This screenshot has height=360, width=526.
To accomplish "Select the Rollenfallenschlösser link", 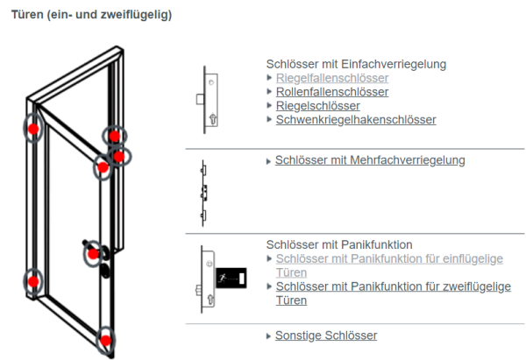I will pos(332,92).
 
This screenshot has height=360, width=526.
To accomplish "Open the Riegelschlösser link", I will pos(317,106).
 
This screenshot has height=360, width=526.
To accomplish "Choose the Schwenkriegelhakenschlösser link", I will pos(355,120).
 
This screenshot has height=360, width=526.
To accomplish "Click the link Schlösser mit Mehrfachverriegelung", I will pos(369,160).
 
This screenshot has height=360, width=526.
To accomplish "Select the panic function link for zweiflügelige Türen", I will pos(393,286).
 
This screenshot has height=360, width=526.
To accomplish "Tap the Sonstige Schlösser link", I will pos(325,335).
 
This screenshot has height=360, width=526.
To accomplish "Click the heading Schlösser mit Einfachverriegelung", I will pos(356,64).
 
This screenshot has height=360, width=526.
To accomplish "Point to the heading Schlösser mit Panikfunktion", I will pos(338,244).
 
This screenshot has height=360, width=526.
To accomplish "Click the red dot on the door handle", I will pos(93,255).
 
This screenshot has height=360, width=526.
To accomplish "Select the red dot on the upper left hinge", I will pos(33,130).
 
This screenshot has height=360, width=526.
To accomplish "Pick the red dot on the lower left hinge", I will pos(33,281).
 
